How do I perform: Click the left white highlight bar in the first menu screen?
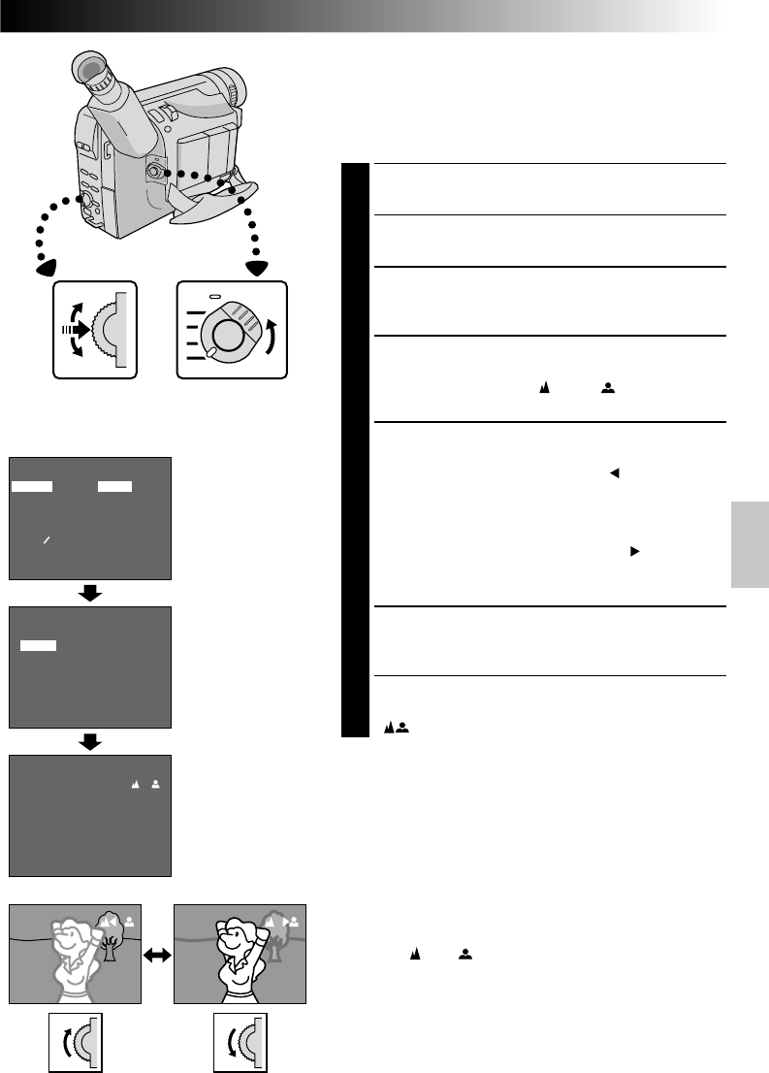click(x=33, y=485)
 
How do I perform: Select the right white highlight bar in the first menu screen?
click(x=114, y=485)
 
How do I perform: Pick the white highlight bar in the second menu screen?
click(x=39, y=644)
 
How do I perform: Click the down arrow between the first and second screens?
click(x=90, y=593)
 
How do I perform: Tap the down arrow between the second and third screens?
click(x=90, y=741)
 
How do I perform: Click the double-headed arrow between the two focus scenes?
click(x=158, y=956)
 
